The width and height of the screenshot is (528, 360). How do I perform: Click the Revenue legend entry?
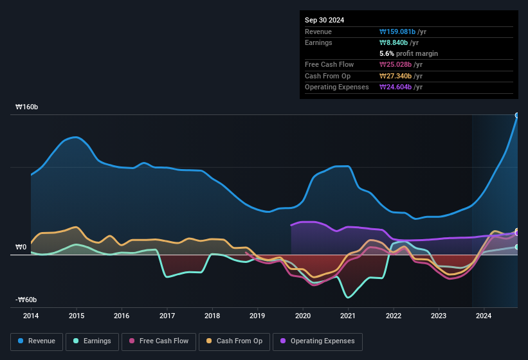[x=37, y=341]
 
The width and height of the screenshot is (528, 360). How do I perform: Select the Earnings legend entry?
[x=91, y=341]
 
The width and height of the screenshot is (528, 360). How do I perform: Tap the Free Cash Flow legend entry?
[x=159, y=341]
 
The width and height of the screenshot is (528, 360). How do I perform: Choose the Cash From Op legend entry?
[x=235, y=341]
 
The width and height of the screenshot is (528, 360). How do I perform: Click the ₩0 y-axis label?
[x=21, y=247]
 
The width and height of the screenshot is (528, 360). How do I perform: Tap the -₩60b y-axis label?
[x=26, y=300]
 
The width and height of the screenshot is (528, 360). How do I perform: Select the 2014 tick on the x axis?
[x=31, y=316]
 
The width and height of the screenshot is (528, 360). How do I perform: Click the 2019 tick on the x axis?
[x=257, y=316]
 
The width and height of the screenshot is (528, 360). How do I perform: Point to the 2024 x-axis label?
[x=484, y=316]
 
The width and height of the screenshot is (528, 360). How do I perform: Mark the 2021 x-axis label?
[x=348, y=316]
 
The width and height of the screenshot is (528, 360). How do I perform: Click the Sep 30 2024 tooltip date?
[x=324, y=20]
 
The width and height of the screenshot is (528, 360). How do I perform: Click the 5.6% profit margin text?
[x=409, y=53]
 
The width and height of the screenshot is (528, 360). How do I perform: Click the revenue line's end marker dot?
[x=517, y=115]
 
